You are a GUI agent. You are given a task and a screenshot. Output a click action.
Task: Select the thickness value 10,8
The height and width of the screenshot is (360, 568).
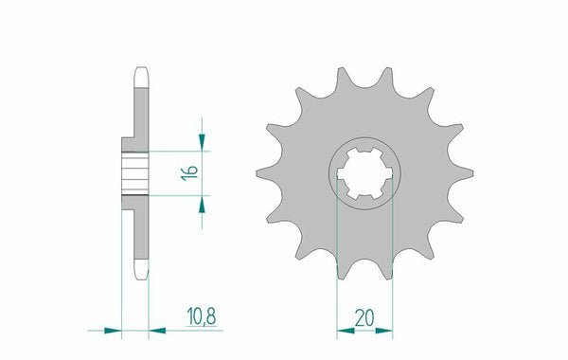[186, 311]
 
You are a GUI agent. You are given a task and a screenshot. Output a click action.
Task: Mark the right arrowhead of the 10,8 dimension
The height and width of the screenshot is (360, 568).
[155, 331]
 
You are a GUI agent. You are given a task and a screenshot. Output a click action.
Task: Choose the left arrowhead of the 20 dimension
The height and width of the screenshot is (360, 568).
[344, 331]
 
